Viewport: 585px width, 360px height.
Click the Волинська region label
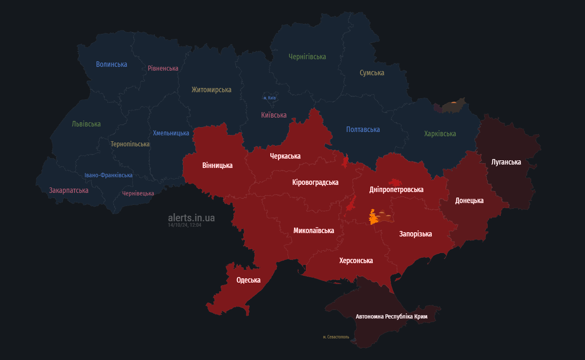(111, 64)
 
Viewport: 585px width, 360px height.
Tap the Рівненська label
(163, 68)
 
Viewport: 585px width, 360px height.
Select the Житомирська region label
(211, 90)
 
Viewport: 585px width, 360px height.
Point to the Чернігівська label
(307, 56)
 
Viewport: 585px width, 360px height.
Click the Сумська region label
(372, 73)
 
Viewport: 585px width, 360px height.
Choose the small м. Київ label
(269, 98)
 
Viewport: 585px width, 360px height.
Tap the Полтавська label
(363, 129)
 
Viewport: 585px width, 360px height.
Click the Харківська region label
(440, 134)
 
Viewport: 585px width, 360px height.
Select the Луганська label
(506, 162)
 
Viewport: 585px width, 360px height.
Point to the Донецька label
(469, 201)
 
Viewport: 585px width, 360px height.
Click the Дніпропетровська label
(396, 190)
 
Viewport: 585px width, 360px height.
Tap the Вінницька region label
(217, 165)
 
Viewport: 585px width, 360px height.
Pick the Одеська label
(248, 280)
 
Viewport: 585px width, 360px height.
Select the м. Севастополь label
(336, 337)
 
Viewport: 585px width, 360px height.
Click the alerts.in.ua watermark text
(191, 218)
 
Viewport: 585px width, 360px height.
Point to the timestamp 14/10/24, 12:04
(184, 225)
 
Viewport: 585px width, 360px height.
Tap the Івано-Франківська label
(108, 175)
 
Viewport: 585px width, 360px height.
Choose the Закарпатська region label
(69, 190)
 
